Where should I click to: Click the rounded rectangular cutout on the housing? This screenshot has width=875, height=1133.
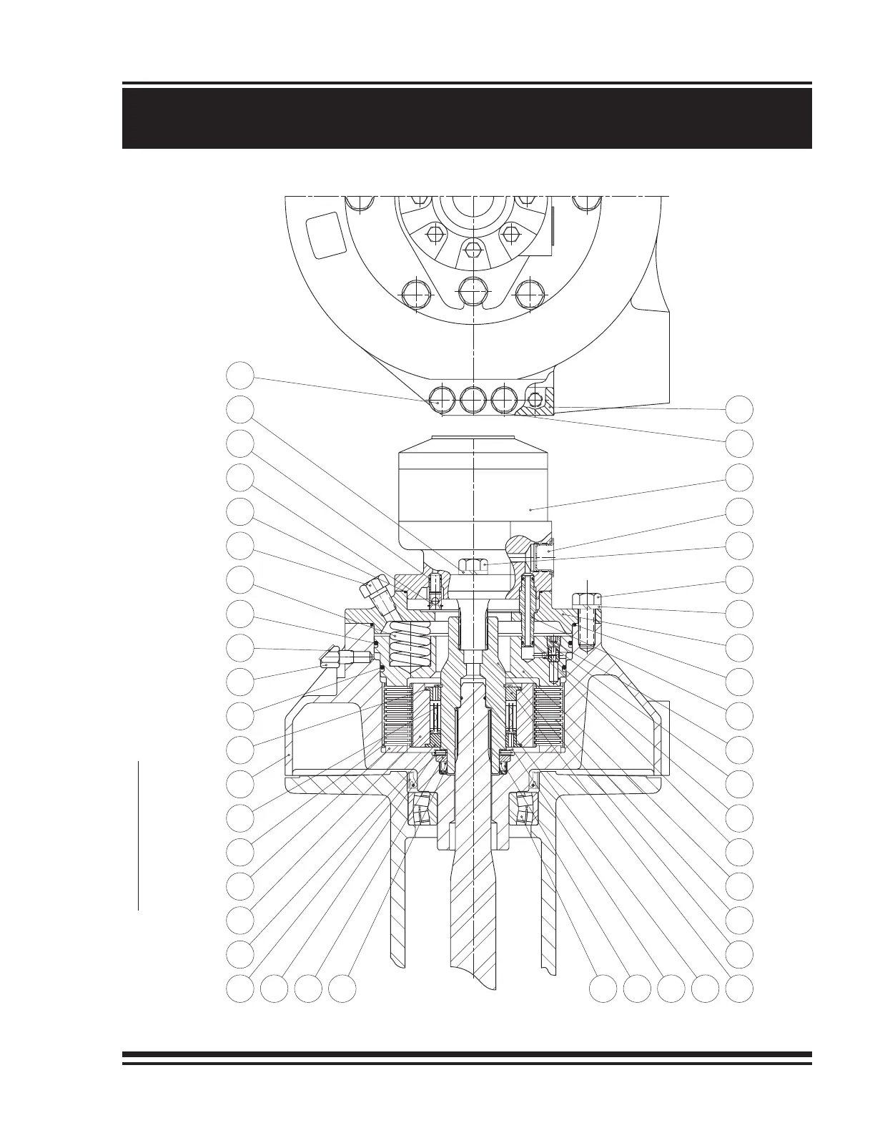[x=325, y=235]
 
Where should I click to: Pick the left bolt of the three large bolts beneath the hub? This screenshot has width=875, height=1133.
[x=418, y=294]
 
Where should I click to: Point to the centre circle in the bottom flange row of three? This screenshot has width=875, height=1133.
[x=473, y=398]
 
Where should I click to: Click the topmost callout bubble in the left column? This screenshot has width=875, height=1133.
[x=242, y=375]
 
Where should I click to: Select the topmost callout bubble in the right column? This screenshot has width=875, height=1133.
[x=740, y=408]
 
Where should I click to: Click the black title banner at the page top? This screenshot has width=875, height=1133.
[x=467, y=118]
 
